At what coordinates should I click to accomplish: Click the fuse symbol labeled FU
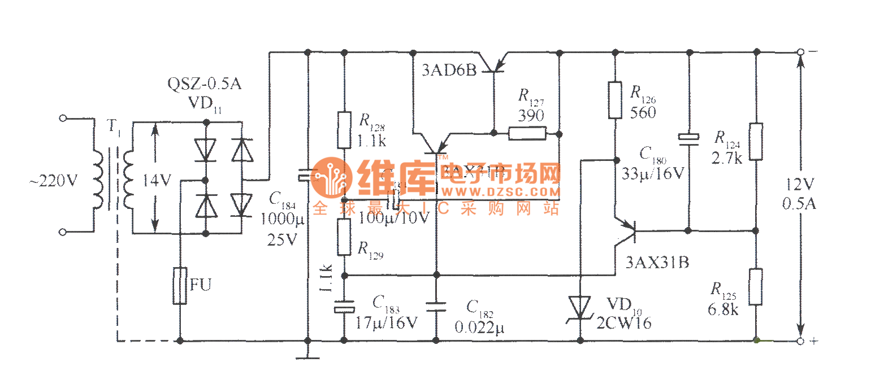180,286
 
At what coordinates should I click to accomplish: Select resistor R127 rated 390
527,134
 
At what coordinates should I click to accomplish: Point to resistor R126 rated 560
615,100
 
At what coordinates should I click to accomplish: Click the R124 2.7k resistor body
757,141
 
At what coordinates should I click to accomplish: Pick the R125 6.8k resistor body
757,287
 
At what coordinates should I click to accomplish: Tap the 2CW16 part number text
624,323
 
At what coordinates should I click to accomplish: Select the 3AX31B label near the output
657,263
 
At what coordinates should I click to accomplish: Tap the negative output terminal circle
800,52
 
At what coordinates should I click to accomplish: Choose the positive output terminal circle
800,341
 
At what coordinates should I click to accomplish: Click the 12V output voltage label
799,185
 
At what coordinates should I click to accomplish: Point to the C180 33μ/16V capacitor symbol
688,137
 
